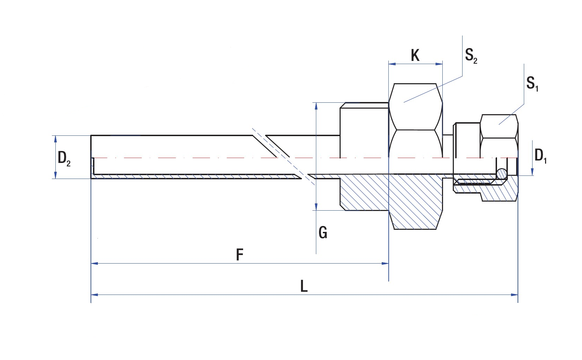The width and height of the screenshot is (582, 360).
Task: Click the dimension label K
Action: click(415, 55)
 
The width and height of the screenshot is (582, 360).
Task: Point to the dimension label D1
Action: click(540, 155)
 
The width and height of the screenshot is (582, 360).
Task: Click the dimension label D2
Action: click(64, 158)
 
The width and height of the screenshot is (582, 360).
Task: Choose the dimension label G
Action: click(323, 233)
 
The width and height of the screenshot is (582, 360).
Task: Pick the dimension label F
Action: click(239, 255)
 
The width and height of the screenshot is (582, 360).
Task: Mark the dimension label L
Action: click(304, 287)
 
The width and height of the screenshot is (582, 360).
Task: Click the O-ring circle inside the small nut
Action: click(502, 174)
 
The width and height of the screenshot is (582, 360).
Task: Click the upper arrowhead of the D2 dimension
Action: click(55, 139)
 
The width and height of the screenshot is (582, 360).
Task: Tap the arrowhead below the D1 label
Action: click(532, 172)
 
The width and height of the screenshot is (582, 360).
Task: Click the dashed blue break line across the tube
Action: click(282, 156)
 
